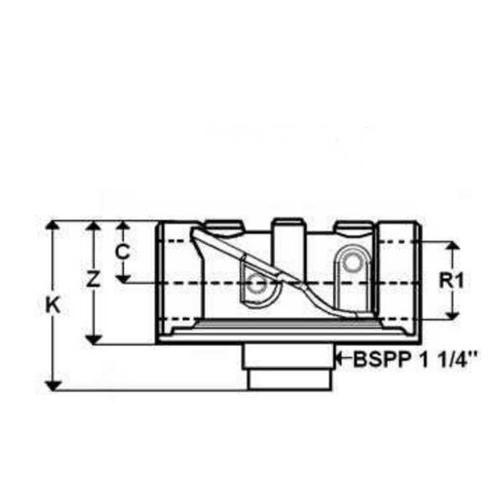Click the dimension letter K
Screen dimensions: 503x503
[x=53, y=305]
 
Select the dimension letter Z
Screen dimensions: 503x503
[x=94, y=278]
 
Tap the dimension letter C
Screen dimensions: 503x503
[x=122, y=251]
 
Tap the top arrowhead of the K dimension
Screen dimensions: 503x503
[x=53, y=226]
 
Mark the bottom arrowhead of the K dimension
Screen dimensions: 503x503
[x=53, y=386]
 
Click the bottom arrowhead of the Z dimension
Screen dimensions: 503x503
[x=94, y=340]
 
